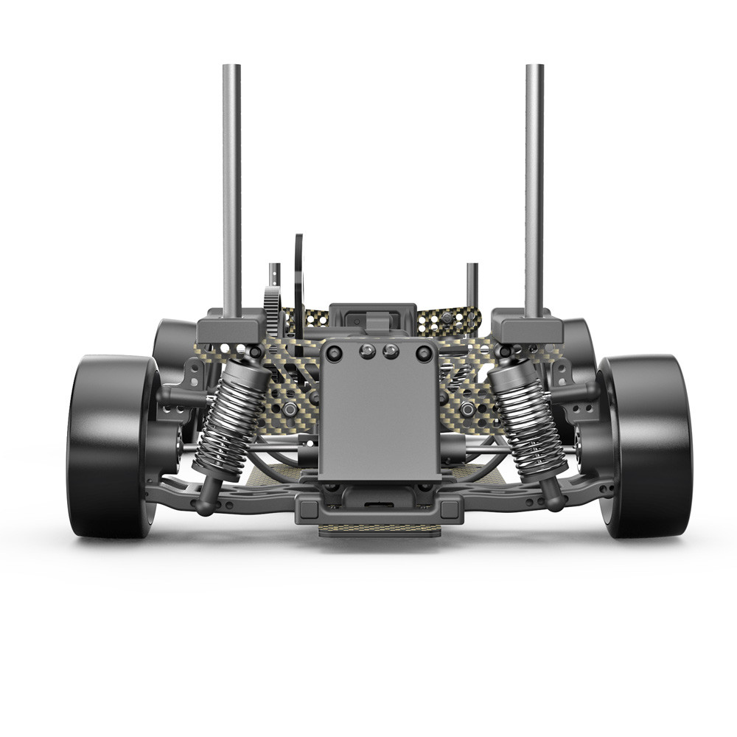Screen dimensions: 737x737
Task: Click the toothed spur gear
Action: [x=271, y=310]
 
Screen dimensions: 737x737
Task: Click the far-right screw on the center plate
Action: [x=423, y=354]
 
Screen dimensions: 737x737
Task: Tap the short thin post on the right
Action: [x=472, y=287]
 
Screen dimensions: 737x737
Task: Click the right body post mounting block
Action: [x=528, y=328]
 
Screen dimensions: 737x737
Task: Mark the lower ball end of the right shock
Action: [x=554, y=501]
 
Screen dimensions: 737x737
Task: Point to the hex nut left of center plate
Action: [x=290, y=408]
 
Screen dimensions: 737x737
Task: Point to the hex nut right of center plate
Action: [x=467, y=408]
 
